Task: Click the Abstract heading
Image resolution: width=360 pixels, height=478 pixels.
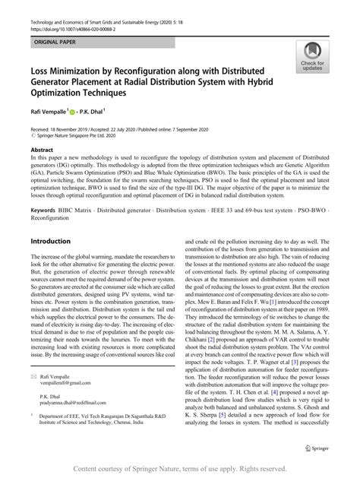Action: pyautogui.click(x=41, y=150)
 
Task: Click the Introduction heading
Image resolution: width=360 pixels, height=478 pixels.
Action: pyautogui.click(x=50, y=241)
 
